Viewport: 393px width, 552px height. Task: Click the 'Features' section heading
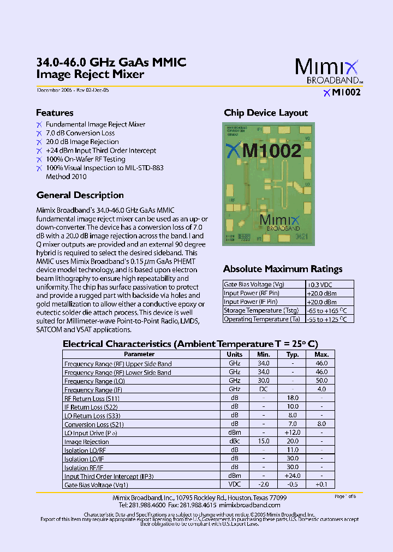tap(55, 113)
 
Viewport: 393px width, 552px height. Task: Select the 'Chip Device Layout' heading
tap(266, 113)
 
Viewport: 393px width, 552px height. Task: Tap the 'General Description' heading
tap(80, 195)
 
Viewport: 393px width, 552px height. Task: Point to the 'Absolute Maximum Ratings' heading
tap(283, 269)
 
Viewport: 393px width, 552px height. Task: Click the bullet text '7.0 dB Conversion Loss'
tap(80, 133)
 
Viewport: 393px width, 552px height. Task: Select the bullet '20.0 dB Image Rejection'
tap(82, 142)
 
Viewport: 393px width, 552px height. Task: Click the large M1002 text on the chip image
tap(271, 151)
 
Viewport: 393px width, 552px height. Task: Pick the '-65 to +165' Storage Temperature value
tap(326, 310)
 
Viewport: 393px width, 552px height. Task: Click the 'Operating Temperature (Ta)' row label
tap(262, 319)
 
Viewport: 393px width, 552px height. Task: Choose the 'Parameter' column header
tap(139, 355)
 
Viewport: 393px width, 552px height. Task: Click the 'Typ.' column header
tap(293, 355)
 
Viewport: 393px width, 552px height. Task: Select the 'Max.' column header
tap(321, 355)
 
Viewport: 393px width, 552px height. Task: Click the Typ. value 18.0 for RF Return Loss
tap(293, 398)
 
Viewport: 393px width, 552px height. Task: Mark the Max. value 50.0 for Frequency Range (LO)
tap(321, 381)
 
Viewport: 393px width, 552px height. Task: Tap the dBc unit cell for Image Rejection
tap(234, 442)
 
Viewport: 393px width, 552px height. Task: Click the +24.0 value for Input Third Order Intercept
tap(293, 476)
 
